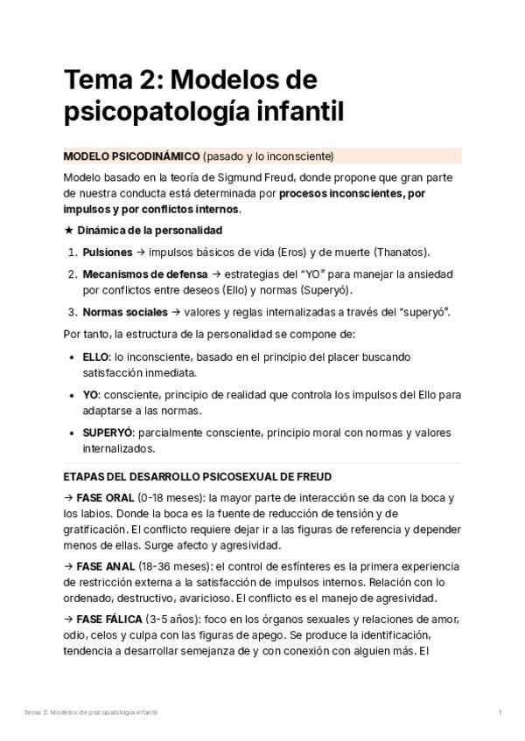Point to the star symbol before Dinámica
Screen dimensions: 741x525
click(x=69, y=231)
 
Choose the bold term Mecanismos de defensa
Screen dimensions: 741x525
click(x=145, y=274)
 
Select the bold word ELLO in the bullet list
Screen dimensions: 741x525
click(x=96, y=357)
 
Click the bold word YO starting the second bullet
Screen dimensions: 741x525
click(x=91, y=395)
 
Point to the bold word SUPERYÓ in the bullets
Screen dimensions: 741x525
click(x=108, y=433)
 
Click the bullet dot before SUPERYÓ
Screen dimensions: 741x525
click(x=71, y=433)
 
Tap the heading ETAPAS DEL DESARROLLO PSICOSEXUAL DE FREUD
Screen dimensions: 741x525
click(x=198, y=477)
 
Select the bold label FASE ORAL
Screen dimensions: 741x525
click(x=109, y=498)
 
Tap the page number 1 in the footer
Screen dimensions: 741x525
click(x=500, y=713)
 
